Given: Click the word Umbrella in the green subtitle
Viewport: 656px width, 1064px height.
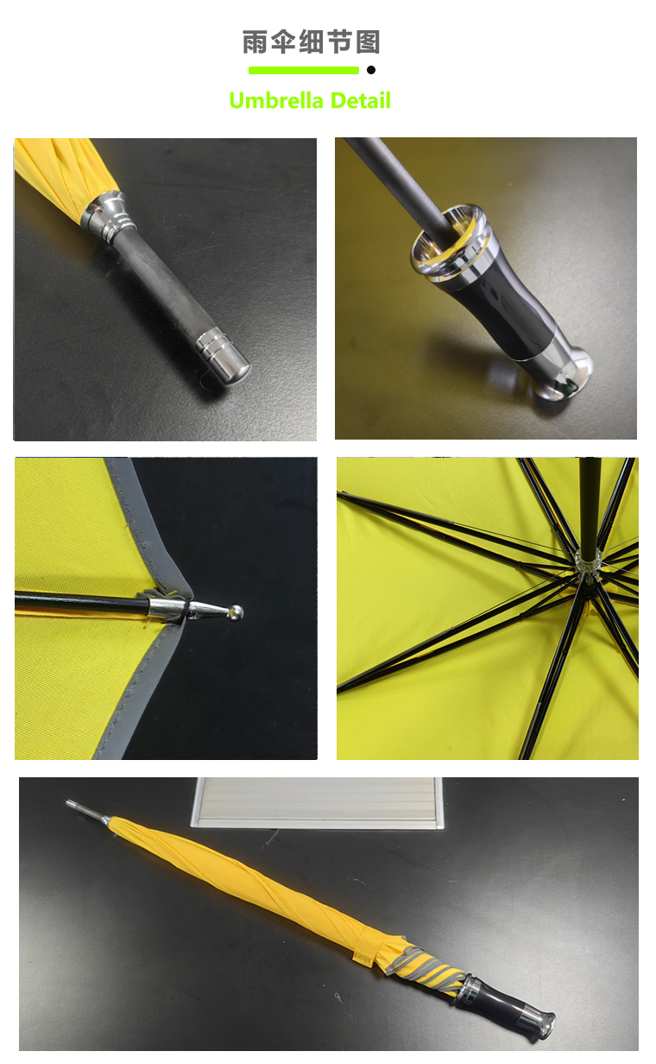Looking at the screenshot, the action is pyautogui.click(x=276, y=101).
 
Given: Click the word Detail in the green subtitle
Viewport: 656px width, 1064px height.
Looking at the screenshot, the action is pyautogui.click(x=360, y=101).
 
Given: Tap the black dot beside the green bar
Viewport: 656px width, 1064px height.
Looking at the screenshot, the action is pyautogui.click(x=371, y=70).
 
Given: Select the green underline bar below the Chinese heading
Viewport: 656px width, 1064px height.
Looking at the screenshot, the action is pyautogui.click(x=304, y=70).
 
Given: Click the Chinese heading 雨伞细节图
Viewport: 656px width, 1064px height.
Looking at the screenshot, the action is pyautogui.click(x=311, y=41).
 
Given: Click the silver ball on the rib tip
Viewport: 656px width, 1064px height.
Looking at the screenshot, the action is pyautogui.click(x=236, y=612).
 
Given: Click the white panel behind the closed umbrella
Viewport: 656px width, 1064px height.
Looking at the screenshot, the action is pyautogui.click(x=317, y=802).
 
